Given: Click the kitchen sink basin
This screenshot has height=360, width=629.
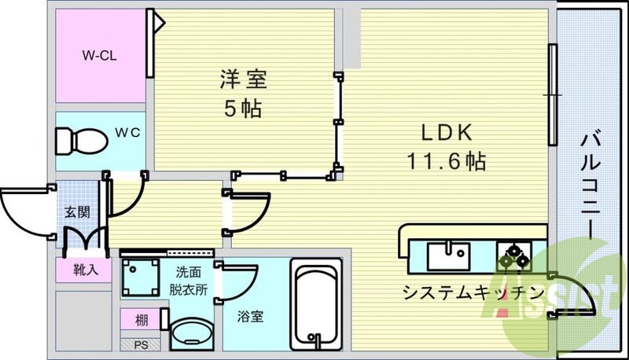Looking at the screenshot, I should pyautogui.click(x=448, y=255).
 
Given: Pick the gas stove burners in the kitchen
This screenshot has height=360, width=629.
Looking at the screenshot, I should pyautogui.click(x=514, y=255).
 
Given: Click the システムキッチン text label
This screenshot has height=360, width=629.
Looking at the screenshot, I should pyautogui.click(x=473, y=293).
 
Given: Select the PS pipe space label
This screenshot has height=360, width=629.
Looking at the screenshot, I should pyautogui.click(x=140, y=344).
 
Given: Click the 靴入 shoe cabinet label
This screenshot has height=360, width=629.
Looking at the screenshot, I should pyautogui.click(x=81, y=270).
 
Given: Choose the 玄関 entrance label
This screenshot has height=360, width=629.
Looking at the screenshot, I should pyautogui.click(x=77, y=212).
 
